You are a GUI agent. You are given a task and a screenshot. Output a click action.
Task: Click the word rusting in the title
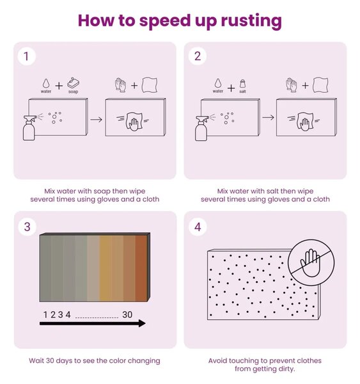coord(251,21)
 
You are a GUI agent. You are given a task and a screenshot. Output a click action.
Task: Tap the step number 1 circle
coord(26,56)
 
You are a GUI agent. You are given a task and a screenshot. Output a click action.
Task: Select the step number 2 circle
coord(198,56)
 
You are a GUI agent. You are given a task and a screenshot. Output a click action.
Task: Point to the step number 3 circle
coord(27,227)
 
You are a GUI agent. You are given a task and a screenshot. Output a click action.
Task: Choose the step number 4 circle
coord(198,227)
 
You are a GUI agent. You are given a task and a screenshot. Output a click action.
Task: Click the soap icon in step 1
coord(73,83)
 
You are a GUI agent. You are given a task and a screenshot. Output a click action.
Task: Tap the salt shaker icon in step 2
coord(242,83)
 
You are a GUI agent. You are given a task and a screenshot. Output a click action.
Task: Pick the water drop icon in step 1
coord(46,83)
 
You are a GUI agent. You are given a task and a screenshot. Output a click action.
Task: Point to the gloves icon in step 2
coord(291,85)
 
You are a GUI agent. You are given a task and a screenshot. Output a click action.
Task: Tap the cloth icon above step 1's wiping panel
coord(150,85)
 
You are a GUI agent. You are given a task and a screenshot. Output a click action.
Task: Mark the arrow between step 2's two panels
coord(268,118)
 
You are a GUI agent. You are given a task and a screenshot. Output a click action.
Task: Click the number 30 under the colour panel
coord(127,315)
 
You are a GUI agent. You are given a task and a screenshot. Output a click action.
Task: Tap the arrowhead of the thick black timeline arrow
coord(142,323)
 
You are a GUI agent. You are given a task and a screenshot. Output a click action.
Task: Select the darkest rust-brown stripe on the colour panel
coord(141,268)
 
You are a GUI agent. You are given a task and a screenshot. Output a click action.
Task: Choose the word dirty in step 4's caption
coord(286,369)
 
